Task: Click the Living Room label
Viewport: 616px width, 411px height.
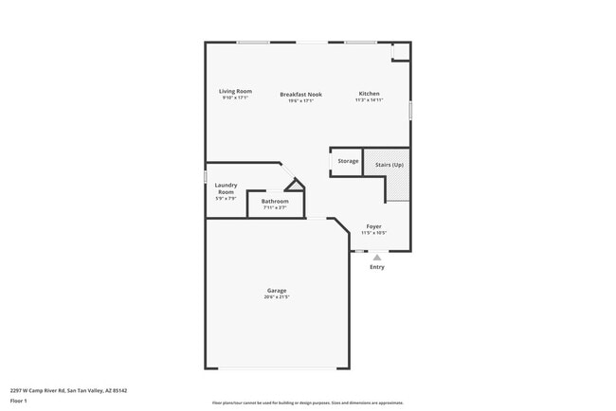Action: tap(236, 92)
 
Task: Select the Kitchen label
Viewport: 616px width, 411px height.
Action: tap(369, 93)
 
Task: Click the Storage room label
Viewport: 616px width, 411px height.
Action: tap(348, 161)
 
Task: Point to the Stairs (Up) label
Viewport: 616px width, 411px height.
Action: tap(390, 164)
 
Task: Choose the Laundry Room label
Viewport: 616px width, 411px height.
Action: tap(226, 188)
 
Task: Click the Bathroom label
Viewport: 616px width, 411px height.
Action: tap(275, 201)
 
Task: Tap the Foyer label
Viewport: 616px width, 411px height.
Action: tap(374, 227)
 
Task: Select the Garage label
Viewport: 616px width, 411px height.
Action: tap(277, 291)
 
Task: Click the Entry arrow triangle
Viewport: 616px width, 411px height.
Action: tap(377, 258)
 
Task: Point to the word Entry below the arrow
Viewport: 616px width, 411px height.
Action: tap(377, 267)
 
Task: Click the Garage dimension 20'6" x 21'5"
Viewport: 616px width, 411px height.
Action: tap(277, 297)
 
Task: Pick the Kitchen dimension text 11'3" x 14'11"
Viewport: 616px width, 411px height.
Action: tap(369, 99)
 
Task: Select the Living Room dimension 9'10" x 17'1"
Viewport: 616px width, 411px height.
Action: tap(236, 98)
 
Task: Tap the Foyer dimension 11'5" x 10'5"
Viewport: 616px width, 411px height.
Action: tap(374, 234)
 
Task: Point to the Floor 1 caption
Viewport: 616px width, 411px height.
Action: tap(20, 402)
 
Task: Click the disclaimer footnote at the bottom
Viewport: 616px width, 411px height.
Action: tap(308, 402)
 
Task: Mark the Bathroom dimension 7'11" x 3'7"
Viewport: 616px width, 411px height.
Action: tap(275, 207)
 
